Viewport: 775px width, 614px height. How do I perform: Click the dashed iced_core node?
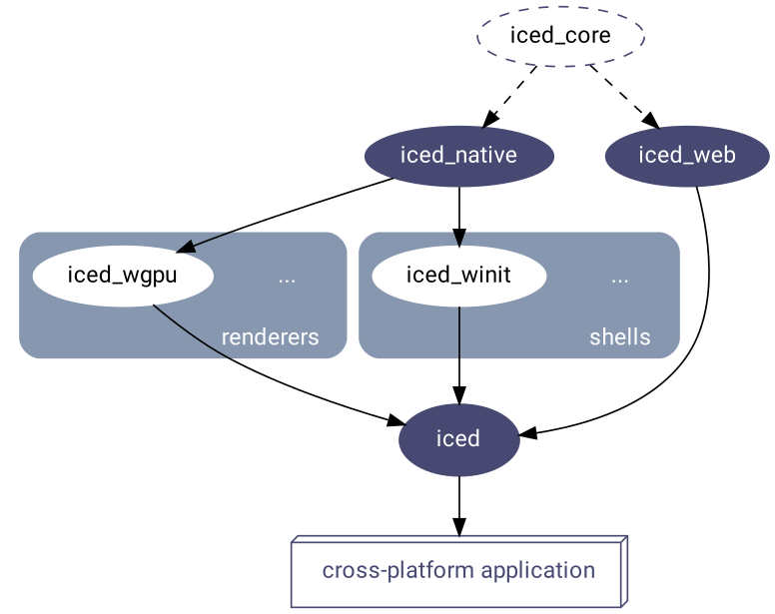[x=560, y=36]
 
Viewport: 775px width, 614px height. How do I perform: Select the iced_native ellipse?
[x=458, y=156]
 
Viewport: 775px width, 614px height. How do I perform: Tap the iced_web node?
[x=687, y=156]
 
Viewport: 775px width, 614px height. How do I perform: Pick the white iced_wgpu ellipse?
[x=122, y=276]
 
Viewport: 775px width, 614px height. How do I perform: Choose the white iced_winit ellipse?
[x=458, y=276]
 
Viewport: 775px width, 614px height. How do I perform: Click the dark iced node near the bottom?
[x=458, y=438]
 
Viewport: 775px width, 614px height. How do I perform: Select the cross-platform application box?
[x=458, y=571]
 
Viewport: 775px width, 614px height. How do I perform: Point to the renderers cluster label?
[x=270, y=337]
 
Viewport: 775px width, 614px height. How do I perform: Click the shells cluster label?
[x=619, y=337]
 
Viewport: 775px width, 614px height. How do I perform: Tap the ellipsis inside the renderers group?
[x=287, y=278]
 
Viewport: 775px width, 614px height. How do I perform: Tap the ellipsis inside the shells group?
[x=619, y=278]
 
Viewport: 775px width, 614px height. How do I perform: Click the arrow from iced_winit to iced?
[x=458, y=354]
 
